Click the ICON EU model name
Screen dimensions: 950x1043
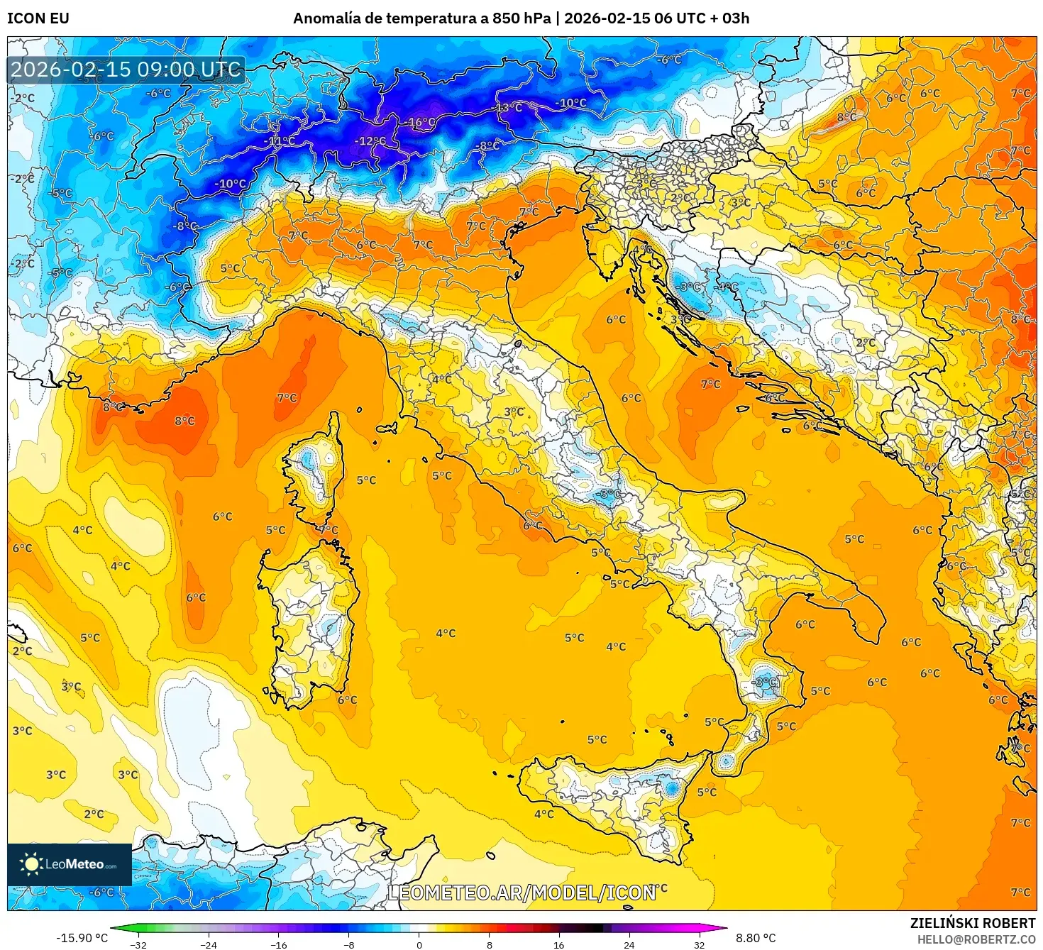pos(38,18)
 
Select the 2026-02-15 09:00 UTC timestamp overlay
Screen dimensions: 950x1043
pos(126,70)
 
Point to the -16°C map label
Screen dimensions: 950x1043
pos(421,122)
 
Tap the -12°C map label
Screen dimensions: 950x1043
pos(370,141)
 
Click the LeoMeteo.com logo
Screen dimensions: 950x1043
pos(70,864)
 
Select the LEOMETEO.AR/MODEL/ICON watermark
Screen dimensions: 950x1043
pos(521,893)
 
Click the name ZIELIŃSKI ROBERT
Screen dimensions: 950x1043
pos(973,923)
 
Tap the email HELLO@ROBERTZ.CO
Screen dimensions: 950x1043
pos(976,939)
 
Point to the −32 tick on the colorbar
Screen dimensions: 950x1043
pos(138,944)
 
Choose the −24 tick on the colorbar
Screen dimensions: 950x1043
pos(209,944)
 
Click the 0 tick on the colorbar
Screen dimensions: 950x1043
pos(419,944)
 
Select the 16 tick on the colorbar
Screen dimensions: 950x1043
pos(559,944)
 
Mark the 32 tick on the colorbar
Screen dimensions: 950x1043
pos(699,944)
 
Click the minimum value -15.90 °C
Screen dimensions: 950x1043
pos(82,938)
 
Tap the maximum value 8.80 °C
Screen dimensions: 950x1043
pos(756,938)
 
